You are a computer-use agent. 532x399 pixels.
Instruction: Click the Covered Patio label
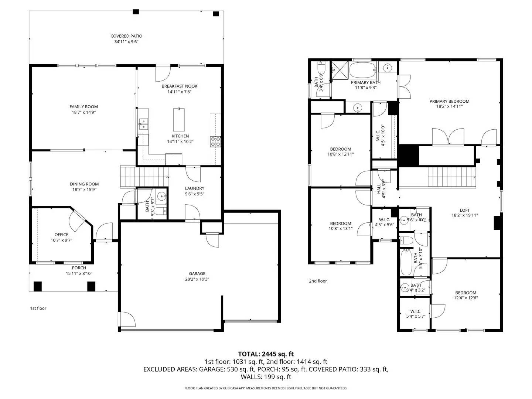click(x=126, y=36)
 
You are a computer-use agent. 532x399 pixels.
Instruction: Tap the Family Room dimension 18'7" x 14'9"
click(x=83, y=112)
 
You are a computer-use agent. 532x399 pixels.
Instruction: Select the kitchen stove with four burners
click(x=215, y=141)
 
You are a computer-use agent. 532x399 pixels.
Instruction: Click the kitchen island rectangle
click(x=179, y=120)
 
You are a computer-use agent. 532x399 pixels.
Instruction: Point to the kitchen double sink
click(x=143, y=124)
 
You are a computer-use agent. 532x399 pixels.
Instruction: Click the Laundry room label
click(x=194, y=188)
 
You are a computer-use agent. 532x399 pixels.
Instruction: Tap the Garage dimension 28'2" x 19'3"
click(x=197, y=279)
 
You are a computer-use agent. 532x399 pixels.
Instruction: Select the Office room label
click(x=61, y=235)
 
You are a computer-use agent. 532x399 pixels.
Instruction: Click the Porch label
click(x=79, y=268)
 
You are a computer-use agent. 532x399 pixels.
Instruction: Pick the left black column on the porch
click(x=38, y=286)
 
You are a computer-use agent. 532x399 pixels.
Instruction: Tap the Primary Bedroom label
click(x=449, y=101)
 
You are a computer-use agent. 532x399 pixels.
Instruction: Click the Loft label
click(x=465, y=210)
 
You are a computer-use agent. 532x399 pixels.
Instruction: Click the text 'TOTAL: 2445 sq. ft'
click(x=266, y=354)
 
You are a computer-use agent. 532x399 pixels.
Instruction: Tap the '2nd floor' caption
click(x=318, y=281)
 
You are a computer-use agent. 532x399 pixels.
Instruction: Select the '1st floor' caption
click(x=38, y=308)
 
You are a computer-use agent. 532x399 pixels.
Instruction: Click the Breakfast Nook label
click(x=179, y=86)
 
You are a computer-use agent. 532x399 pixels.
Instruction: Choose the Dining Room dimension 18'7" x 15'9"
click(x=84, y=190)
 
